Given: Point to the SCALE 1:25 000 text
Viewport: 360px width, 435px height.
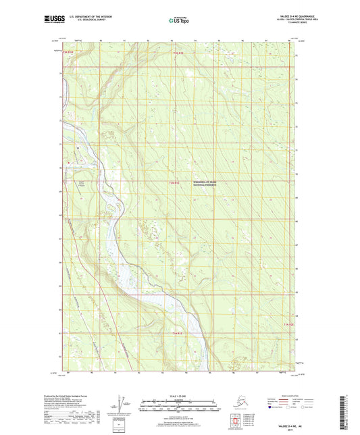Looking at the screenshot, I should [180, 396].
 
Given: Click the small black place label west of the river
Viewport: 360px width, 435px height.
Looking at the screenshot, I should [83, 182].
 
